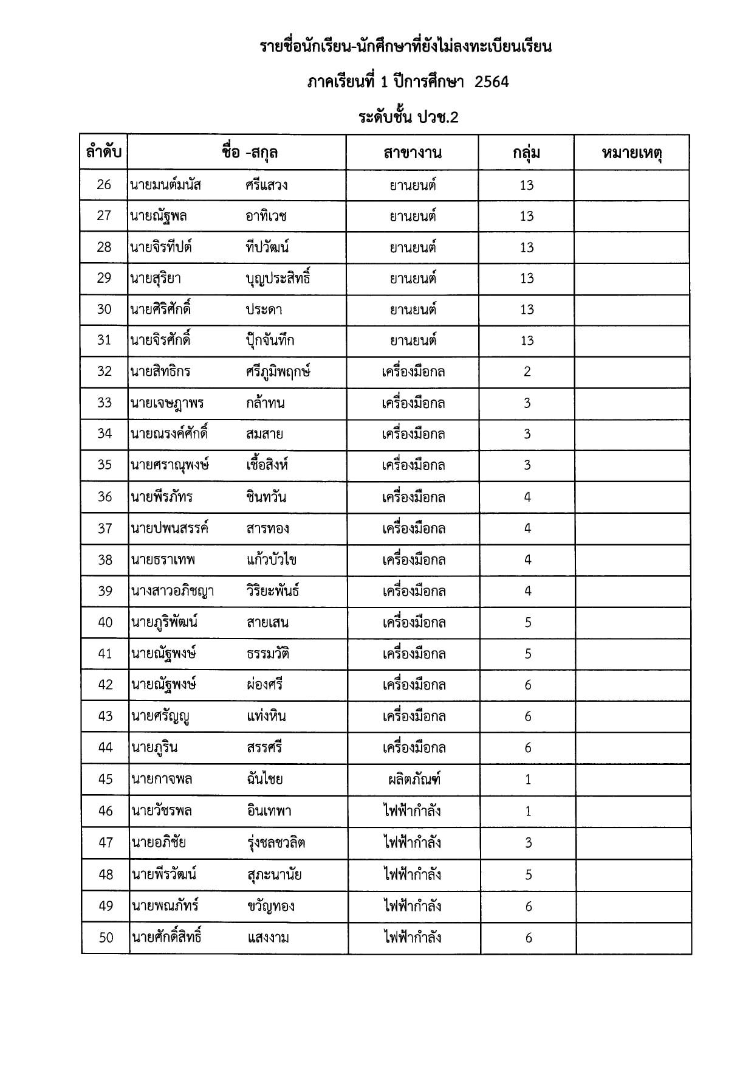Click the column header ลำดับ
pyautogui.click(x=103, y=152)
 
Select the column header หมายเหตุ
pyautogui.click(x=631, y=152)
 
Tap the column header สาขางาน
pyautogui.click(x=412, y=152)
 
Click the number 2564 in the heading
pyautogui.click(x=492, y=81)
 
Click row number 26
pyautogui.click(x=104, y=184)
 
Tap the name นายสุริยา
pyautogui.click(x=156, y=279)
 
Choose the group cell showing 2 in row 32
pyautogui.click(x=527, y=372)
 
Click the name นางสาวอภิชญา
pyautogui.click(x=172, y=591)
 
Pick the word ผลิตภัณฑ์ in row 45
pyautogui.click(x=414, y=779)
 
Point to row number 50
pyautogui.click(x=106, y=938)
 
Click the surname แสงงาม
pyautogui.click(x=268, y=938)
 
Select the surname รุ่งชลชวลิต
pyautogui.click(x=276, y=842)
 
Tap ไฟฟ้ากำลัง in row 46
pyautogui.click(x=412, y=811)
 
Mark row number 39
pyautogui.click(x=105, y=591)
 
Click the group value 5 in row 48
pyautogui.click(x=528, y=874)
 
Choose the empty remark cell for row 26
pyautogui.click(x=632, y=185)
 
